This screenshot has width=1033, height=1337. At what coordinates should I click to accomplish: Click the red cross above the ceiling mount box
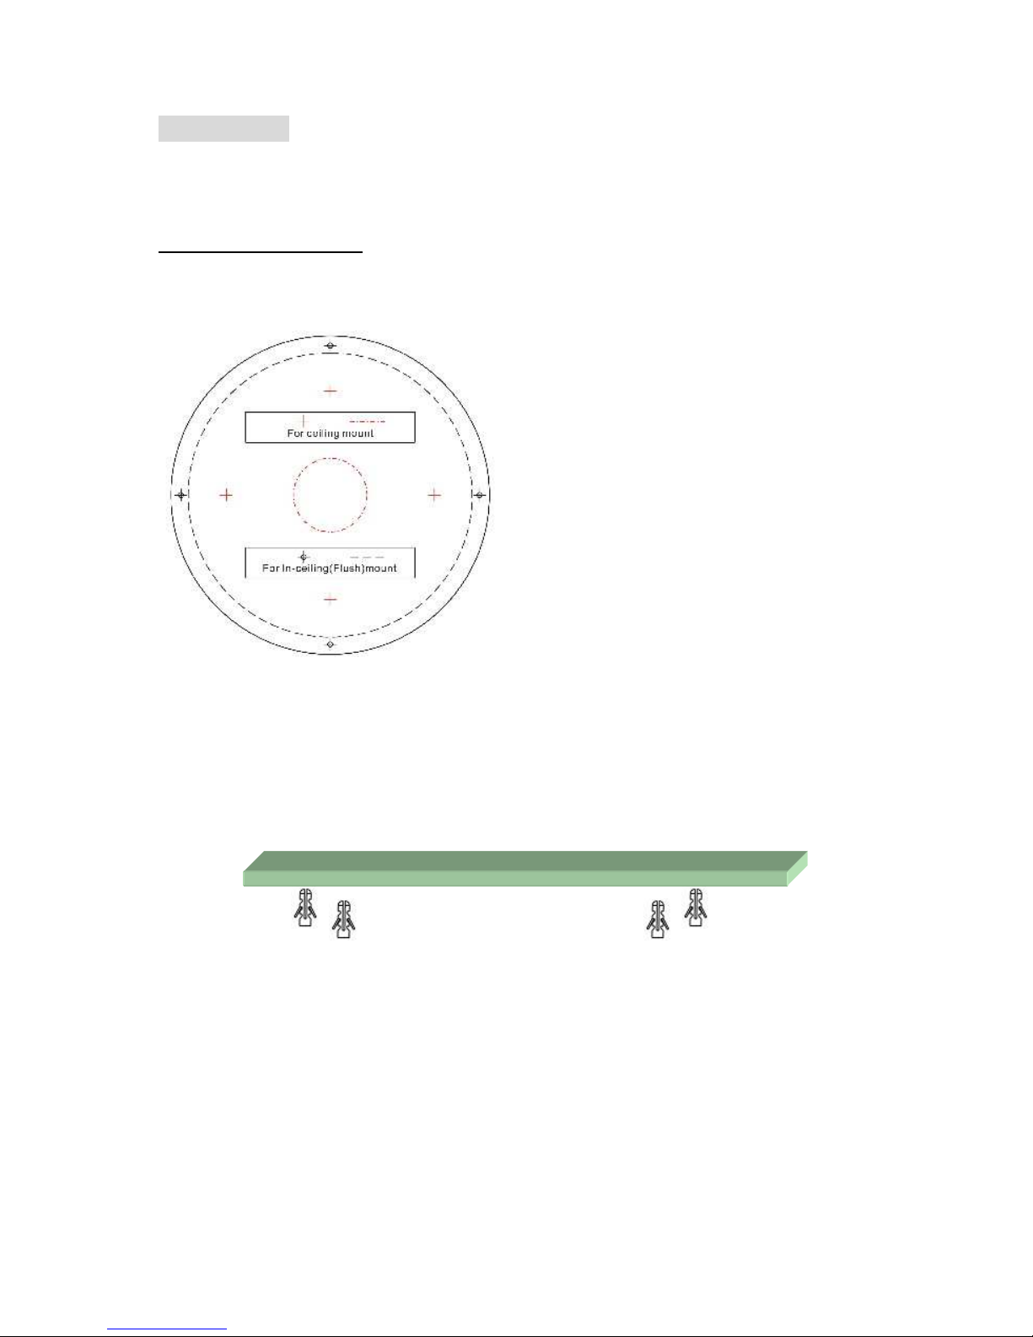click(x=331, y=391)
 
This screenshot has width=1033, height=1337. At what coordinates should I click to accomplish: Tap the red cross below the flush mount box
click(x=331, y=599)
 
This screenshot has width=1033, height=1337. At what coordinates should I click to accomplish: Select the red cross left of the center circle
click(x=226, y=494)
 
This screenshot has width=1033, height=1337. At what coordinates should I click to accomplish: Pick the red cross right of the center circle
click(x=434, y=494)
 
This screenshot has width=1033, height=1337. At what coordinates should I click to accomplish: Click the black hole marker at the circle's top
click(x=331, y=345)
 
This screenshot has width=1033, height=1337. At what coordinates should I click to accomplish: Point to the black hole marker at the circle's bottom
click(x=331, y=644)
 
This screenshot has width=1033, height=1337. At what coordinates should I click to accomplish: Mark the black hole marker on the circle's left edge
click(x=180, y=494)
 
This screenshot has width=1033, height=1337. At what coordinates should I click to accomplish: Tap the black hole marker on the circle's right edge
click(x=480, y=494)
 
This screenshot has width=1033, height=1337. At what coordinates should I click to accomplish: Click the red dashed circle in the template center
click(x=331, y=458)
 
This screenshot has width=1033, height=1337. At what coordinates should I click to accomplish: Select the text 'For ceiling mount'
click(x=331, y=434)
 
